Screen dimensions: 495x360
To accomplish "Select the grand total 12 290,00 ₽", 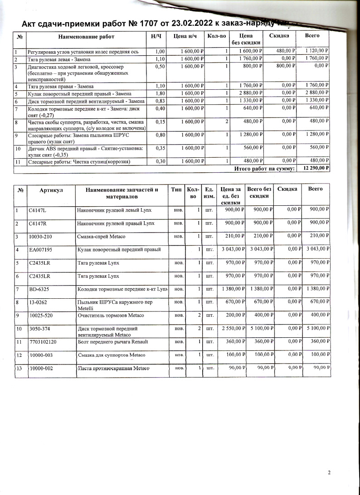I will click(313, 168).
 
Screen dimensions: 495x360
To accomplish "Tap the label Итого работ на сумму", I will click(264, 169).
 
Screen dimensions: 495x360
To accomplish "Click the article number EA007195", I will click(41, 249).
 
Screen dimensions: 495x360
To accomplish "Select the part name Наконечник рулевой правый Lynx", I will click(115, 223).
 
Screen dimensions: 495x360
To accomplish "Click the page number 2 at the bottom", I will click(329, 473).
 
